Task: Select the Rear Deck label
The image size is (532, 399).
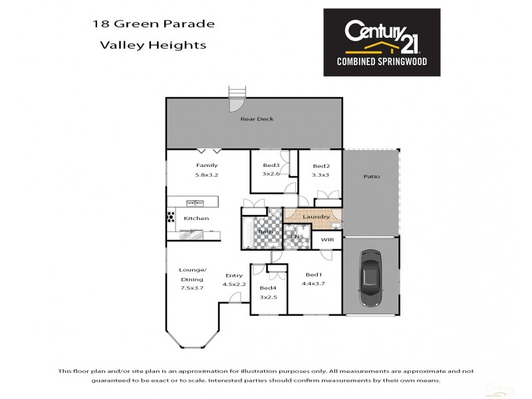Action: click(x=257, y=119)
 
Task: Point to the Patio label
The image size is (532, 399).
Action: click(x=371, y=176)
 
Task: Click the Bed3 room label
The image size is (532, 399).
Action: click(x=270, y=165)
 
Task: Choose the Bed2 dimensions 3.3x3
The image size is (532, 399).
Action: click(x=321, y=175)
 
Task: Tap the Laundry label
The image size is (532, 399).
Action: click(x=316, y=217)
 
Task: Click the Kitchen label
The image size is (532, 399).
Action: click(x=196, y=218)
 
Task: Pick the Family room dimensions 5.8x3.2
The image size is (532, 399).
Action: click(x=206, y=175)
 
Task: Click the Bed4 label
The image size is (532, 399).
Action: click(x=268, y=287)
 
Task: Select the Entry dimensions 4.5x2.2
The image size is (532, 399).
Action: click(x=233, y=285)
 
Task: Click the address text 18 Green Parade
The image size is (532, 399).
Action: click(x=153, y=25)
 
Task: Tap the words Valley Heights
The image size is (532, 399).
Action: click(x=152, y=46)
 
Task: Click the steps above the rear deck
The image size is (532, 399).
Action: click(x=237, y=91)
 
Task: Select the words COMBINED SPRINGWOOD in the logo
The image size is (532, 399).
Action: click(x=381, y=61)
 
